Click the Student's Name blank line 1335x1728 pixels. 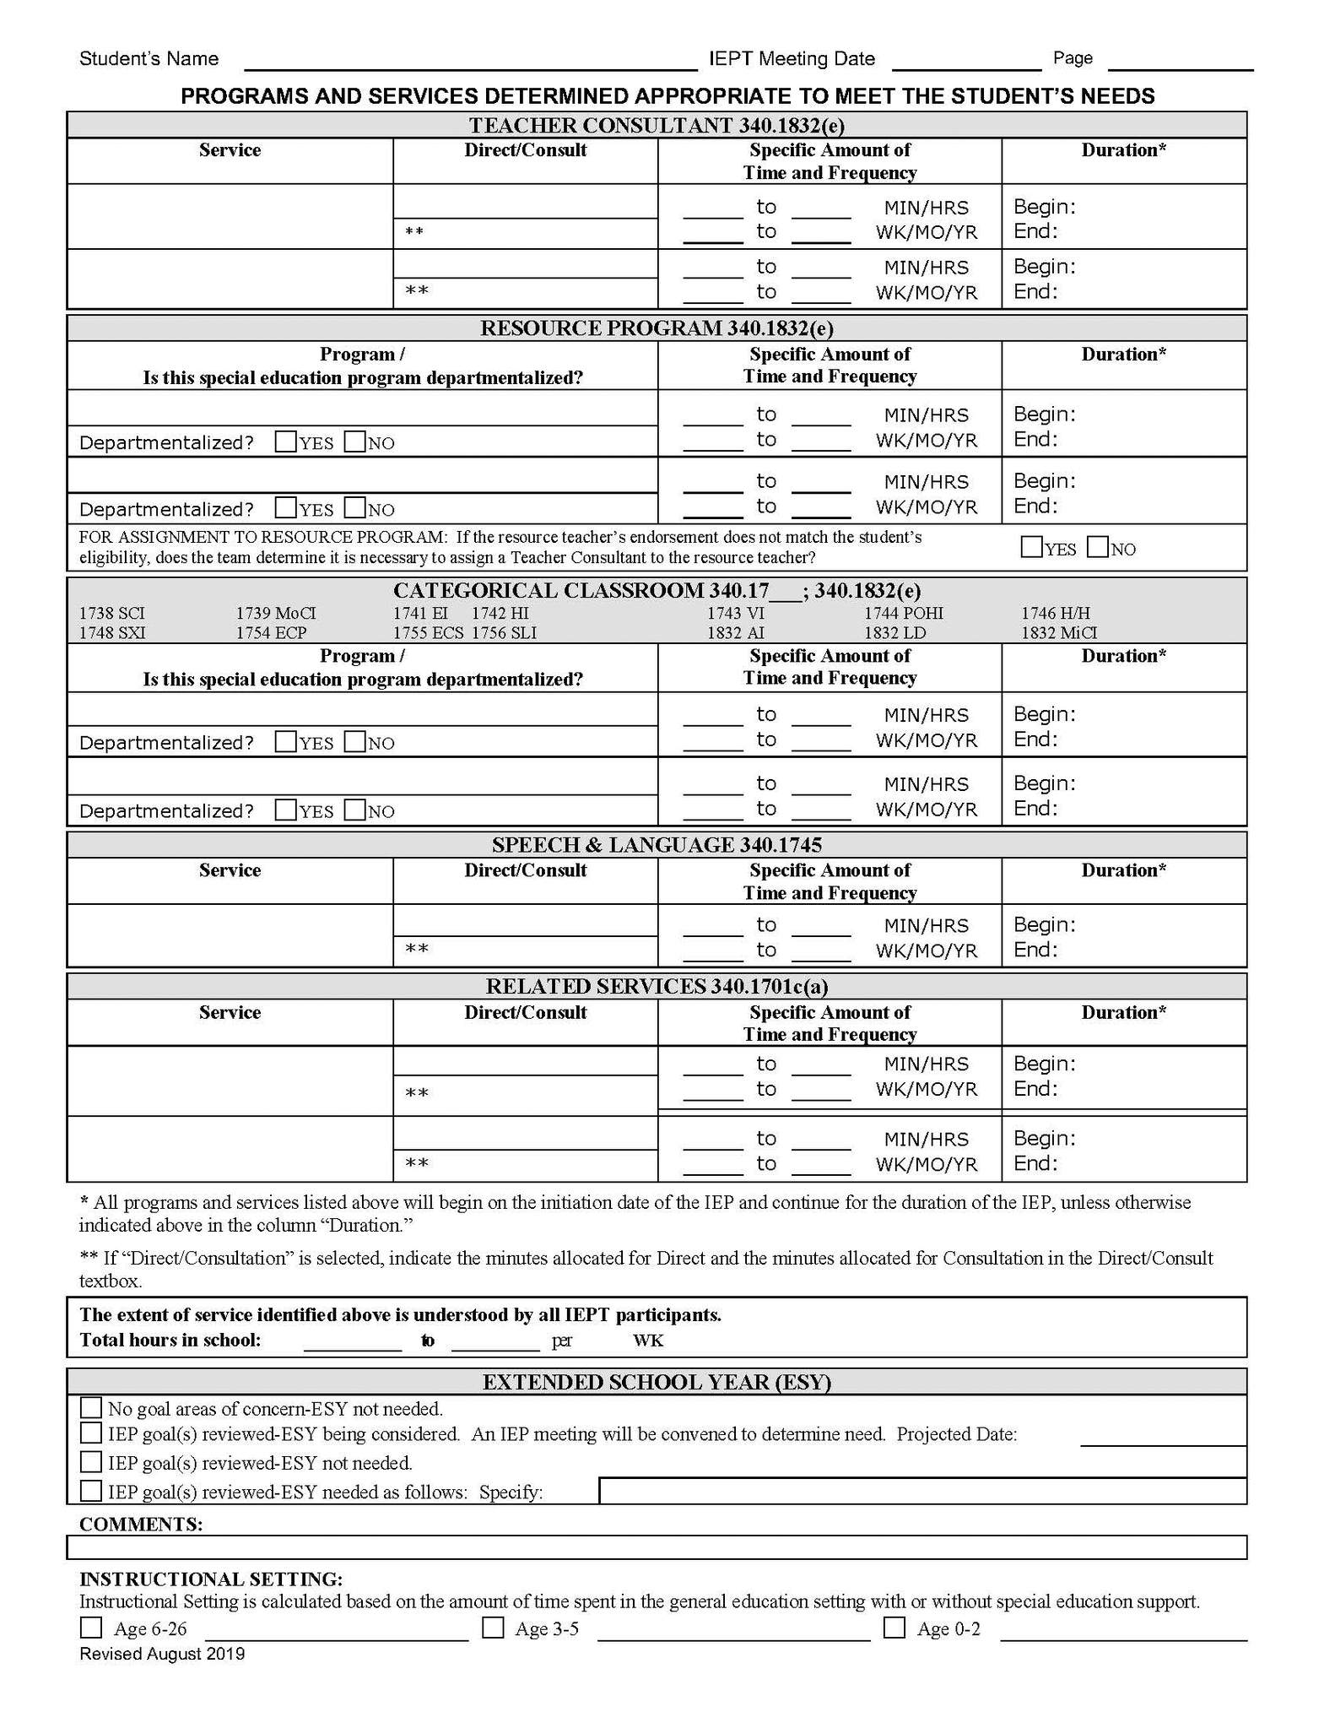pos(470,61)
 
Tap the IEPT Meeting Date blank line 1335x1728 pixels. pos(966,61)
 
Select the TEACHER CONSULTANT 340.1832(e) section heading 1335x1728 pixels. pos(656,126)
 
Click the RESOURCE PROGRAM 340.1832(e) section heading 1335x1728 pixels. pos(656,328)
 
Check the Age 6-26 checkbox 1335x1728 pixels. pos(91,1628)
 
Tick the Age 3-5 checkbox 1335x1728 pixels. pos(493,1628)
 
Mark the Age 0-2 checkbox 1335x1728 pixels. pos(895,1628)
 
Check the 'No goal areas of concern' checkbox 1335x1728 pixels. pos(91,1408)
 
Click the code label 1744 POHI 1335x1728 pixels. pos(903,613)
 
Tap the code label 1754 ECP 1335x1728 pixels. pos(271,632)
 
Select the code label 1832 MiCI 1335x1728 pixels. pos(1059,632)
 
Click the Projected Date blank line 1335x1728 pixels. pos(1163,1436)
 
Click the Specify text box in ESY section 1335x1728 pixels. pos(922,1492)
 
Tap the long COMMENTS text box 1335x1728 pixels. pos(656,1547)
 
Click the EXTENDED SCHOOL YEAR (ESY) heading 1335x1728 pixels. pos(656,1382)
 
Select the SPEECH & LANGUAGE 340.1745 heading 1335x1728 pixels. pos(656,845)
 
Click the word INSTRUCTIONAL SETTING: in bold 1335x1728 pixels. pos(211,1579)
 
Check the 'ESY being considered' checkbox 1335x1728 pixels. pos(91,1433)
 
